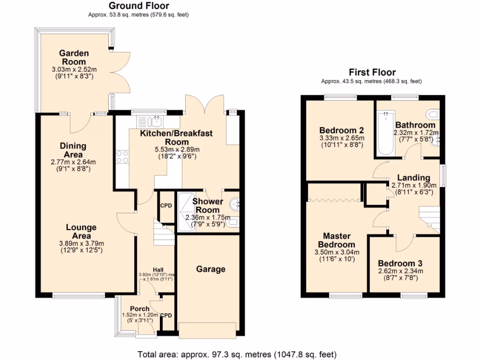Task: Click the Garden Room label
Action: tap(74, 58)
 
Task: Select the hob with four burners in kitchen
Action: tap(122, 157)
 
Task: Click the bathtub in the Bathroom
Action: tap(386, 134)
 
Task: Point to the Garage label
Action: tap(210, 269)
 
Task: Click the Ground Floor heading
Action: tap(139, 6)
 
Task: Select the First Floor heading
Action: tap(372, 72)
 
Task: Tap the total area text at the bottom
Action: tap(237, 354)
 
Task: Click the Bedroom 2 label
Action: tap(341, 130)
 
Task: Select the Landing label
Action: tap(413, 178)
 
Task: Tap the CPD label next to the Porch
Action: tap(166, 315)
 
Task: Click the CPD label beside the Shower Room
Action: tap(166, 206)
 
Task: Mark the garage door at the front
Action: tap(208, 330)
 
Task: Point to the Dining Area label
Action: tap(74, 150)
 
